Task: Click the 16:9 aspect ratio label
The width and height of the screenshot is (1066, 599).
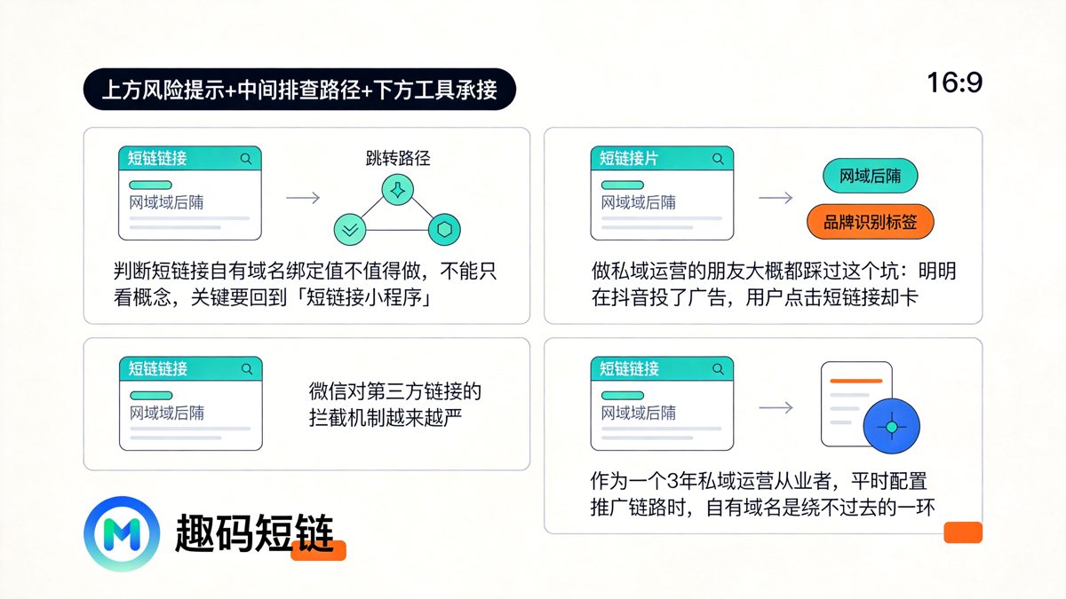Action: click(x=955, y=84)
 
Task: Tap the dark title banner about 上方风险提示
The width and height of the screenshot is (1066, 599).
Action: click(x=299, y=89)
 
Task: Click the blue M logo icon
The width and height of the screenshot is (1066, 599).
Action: click(x=122, y=534)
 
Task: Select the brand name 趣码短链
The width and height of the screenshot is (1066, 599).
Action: click(x=254, y=534)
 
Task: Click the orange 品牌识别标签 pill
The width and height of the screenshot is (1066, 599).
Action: click(x=871, y=223)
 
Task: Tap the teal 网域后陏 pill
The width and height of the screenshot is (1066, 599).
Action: click(x=870, y=176)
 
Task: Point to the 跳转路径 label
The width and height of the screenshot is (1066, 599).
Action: click(x=397, y=159)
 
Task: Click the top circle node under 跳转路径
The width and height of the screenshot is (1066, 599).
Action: click(x=397, y=189)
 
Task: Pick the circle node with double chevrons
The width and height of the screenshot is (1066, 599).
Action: click(x=349, y=229)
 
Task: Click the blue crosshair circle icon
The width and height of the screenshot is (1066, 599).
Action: click(x=892, y=427)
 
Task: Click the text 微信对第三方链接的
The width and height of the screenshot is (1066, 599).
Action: click(x=395, y=390)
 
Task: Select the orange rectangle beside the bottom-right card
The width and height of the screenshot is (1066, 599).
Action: click(x=962, y=532)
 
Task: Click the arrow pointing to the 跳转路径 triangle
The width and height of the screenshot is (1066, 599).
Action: click(x=303, y=198)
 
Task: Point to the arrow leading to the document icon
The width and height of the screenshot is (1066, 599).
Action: click(x=776, y=408)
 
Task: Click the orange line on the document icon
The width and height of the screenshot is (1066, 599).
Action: click(x=855, y=381)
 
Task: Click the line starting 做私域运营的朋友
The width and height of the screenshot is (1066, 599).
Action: click(x=774, y=272)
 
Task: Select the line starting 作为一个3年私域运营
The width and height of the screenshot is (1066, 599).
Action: click(x=759, y=482)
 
